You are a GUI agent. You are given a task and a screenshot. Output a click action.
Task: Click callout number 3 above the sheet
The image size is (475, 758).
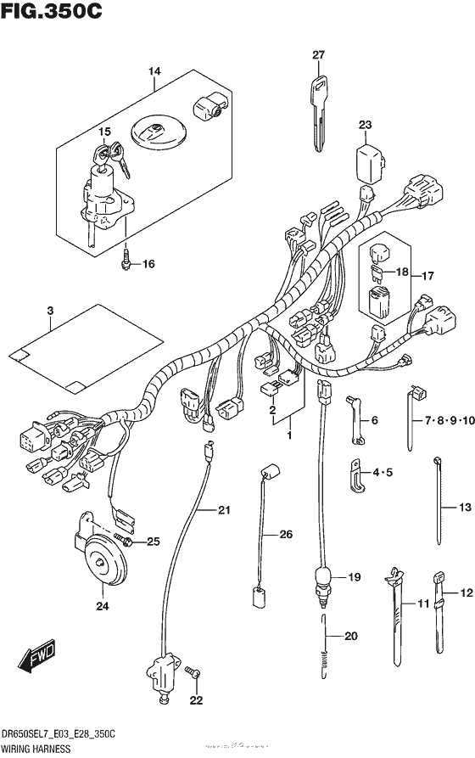pyautogui.click(x=50, y=312)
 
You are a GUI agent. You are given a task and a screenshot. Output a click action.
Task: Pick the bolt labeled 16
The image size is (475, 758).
pyautogui.click(x=126, y=262)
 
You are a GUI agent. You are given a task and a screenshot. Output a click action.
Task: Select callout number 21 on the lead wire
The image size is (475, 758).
pyautogui.click(x=224, y=510)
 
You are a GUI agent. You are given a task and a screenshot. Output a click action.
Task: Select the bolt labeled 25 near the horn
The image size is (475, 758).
pyautogui.click(x=125, y=540)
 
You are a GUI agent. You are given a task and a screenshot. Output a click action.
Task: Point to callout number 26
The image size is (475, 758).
pyautogui.click(x=287, y=534)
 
